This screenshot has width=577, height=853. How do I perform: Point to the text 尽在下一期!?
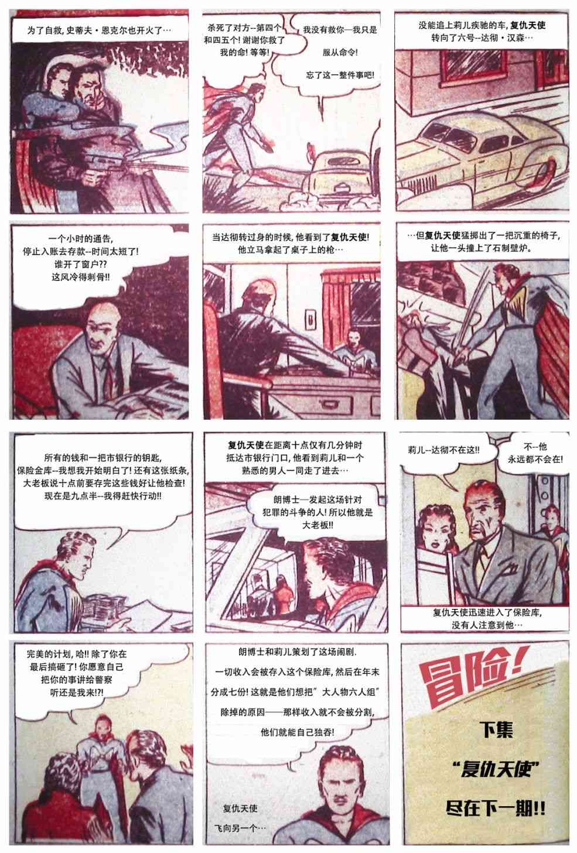pos(496,809)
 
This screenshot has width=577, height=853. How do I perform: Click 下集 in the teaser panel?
pos(496,730)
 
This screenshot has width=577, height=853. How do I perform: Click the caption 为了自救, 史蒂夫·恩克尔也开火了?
pos(100,30)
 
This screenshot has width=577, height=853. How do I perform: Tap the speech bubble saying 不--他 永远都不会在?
pos(535,453)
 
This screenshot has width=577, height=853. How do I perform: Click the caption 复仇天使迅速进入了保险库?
pos(485,618)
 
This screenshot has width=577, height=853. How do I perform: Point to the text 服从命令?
pos(340,53)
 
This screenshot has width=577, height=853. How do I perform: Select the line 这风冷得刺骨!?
pos(80,277)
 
